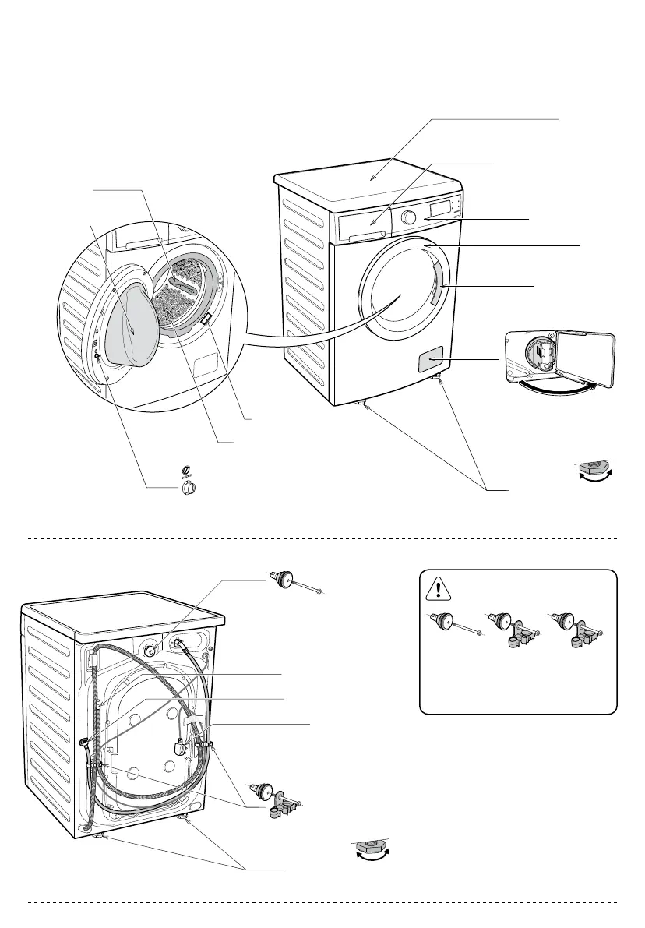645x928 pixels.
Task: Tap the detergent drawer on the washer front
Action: (365, 227)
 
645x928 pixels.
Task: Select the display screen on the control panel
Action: (440, 208)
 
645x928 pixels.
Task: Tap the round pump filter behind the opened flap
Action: (540, 354)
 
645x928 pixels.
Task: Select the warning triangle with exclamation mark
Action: (439, 587)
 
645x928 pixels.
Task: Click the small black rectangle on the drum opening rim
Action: (206, 318)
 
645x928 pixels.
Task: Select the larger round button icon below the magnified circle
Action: (187, 489)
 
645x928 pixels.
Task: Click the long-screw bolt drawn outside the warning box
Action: (297, 580)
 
